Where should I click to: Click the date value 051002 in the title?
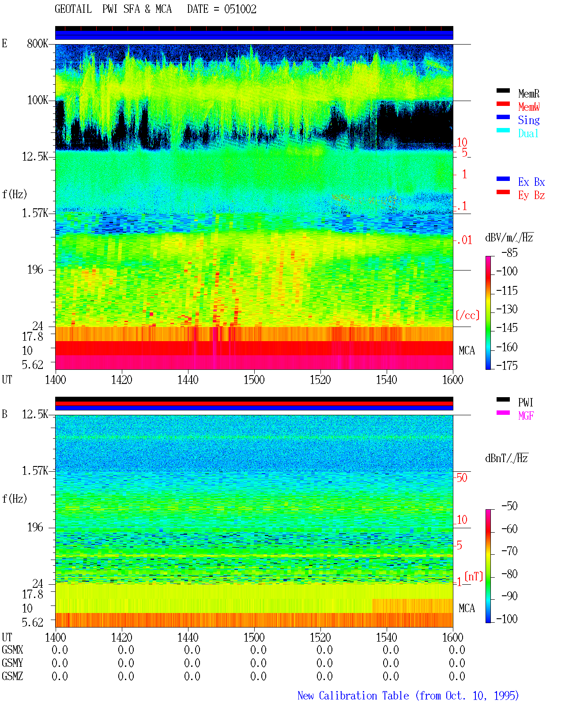pos(240,9)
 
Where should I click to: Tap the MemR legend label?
pos(528,94)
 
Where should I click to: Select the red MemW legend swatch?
pos(503,104)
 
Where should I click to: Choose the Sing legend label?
pos(528,120)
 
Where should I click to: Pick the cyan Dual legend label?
pos(528,133)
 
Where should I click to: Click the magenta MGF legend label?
pos(526,416)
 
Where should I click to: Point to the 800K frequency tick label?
pos(38,43)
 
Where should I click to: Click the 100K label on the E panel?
pos(38,100)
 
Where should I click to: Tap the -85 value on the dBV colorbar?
pos(509,252)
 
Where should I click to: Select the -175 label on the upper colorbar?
pos(507,365)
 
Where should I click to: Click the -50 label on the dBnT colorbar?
pos(509,506)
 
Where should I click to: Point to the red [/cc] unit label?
pos(467,315)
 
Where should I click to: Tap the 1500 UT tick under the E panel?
pos(254,380)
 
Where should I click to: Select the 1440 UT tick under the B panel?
pos(188,637)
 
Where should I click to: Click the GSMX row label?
pos(12,650)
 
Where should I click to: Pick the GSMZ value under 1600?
pos(457,676)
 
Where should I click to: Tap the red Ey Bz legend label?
pos(531,195)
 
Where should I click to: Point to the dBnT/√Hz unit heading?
pos(506,458)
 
